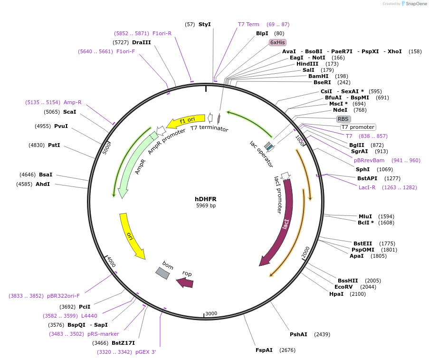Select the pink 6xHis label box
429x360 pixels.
(x=277, y=42)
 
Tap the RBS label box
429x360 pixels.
(x=343, y=119)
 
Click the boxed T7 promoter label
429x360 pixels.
(x=358, y=127)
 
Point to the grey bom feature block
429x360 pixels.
(x=162, y=272)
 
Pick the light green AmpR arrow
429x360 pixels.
(x=135, y=162)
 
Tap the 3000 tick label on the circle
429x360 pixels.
(x=211, y=313)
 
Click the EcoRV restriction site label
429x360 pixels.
(x=343, y=287)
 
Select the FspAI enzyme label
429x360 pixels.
(x=264, y=350)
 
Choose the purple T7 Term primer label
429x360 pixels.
(x=248, y=24)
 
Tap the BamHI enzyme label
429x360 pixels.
(x=318, y=76)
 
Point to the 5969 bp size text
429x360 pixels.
(x=206, y=206)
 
